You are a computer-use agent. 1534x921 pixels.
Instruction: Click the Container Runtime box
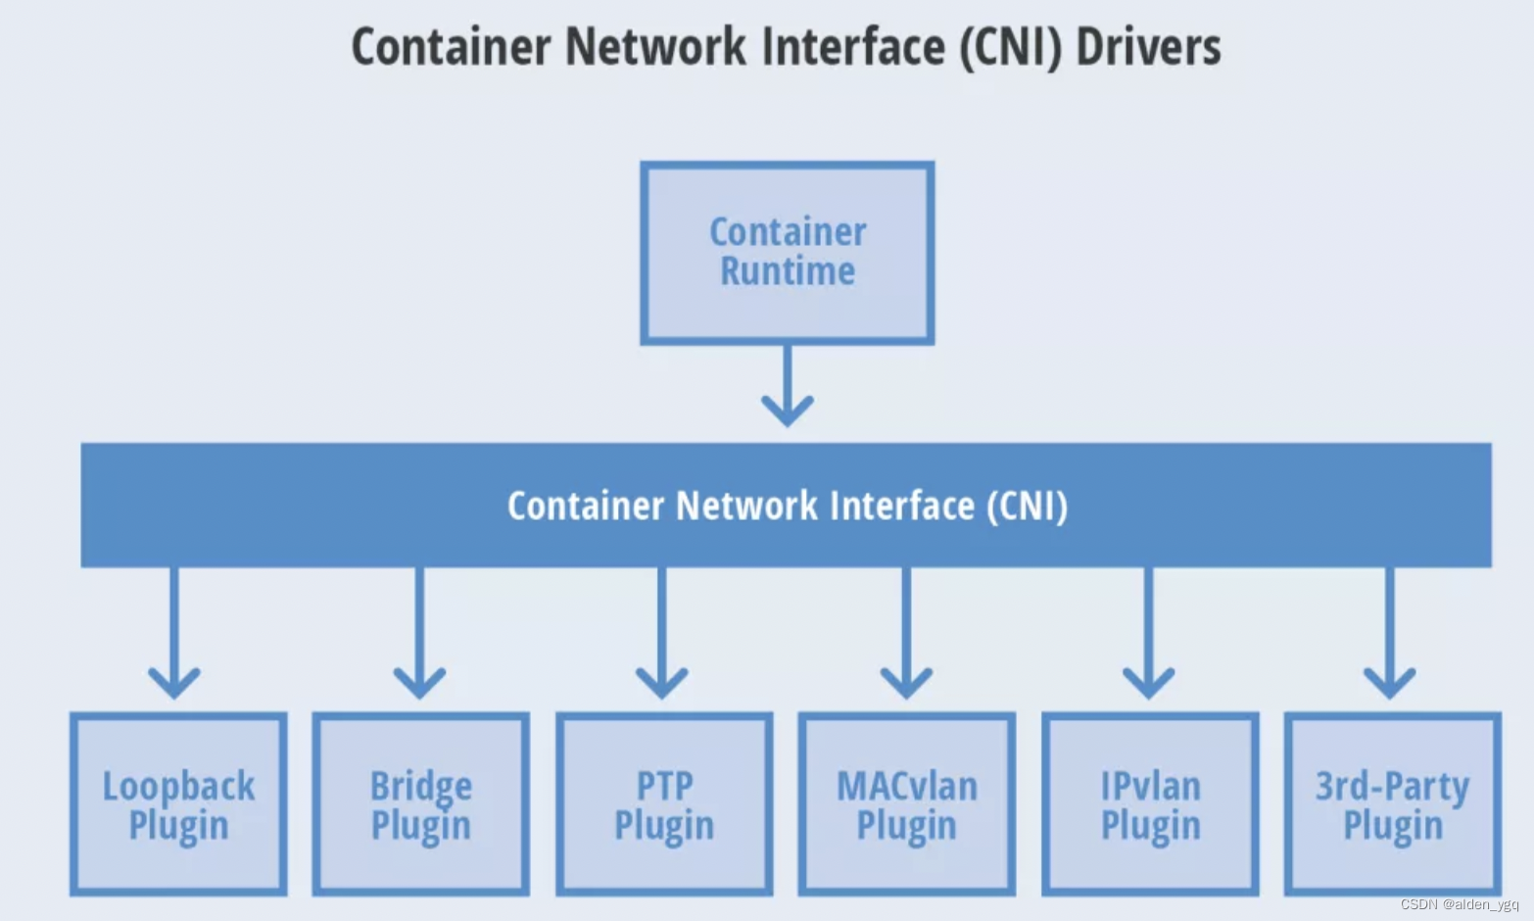(787, 253)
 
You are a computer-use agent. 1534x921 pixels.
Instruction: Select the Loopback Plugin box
(178, 803)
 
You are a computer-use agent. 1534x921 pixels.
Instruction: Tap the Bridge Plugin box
(421, 803)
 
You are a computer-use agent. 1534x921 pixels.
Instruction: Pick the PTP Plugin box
(664, 803)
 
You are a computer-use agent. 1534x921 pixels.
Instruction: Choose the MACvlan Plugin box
(907, 803)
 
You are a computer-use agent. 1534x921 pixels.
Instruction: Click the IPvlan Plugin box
(1150, 803)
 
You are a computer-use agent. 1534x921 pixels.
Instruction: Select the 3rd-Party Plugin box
(1392, 803)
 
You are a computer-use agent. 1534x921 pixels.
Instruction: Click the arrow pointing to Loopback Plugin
(174, 632)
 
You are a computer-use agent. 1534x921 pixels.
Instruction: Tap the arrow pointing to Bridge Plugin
(419, 632)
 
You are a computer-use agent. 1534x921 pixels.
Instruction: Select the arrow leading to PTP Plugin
(662, 632)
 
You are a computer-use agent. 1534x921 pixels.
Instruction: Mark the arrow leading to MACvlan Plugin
(906, 632)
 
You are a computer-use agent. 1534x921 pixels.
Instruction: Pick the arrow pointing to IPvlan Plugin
(1148, 632)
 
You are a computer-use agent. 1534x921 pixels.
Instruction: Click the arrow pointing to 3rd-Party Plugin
(1390, 632)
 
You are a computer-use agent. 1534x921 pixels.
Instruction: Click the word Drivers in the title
(1148, 47)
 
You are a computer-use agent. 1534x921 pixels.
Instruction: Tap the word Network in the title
(655, 47)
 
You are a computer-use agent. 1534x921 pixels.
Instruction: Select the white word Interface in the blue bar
(902, 506)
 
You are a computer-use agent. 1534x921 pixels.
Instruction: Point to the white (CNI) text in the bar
(1027, 506)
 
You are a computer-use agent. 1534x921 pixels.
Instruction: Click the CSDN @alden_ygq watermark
(1459, 904)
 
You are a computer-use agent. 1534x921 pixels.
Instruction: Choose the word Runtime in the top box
(788, 271)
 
